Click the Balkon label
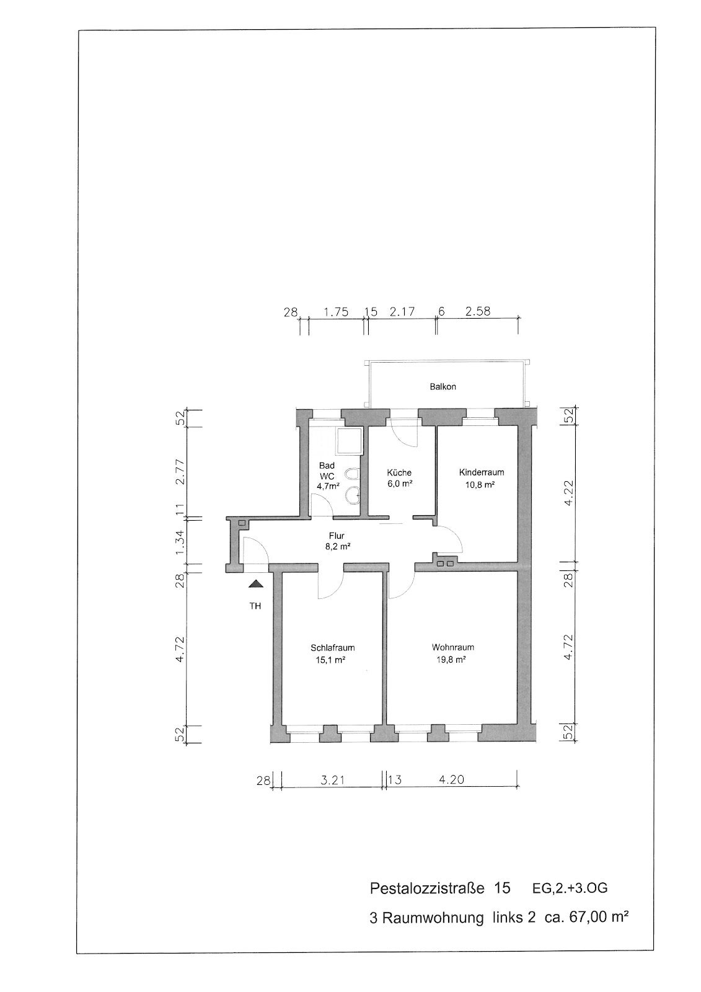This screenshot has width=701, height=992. point(443,387)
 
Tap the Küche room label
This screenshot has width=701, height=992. point(399,472)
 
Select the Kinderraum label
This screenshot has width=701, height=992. point(482,472)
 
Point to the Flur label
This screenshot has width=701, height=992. point(337,536)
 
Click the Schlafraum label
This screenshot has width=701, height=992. point(333,648)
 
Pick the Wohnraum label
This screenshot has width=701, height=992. point(453,647)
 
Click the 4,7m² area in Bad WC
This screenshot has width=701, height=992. point(328,486)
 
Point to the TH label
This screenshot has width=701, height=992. point(255,606)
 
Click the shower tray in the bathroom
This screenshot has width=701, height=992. point(349,441)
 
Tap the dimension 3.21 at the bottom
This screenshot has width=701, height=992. point(332,779)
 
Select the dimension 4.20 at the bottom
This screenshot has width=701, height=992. point(452,779)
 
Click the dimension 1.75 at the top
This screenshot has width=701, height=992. point(336,312)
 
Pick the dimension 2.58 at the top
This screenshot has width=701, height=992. point(478,311)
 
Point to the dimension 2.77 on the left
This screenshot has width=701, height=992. point(180,472)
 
